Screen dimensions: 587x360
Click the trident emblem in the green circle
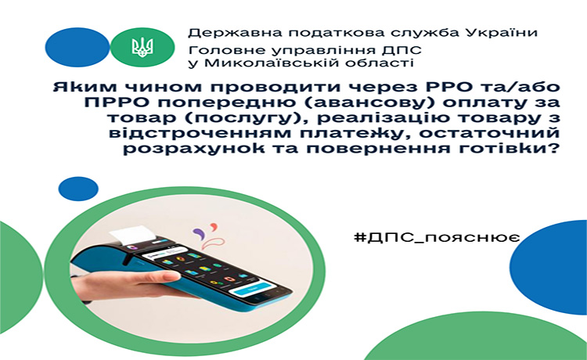click(x=142, y=47)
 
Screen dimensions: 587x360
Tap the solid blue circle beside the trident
click(x=77, y=47)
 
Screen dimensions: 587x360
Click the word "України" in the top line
click(x=502, y=33)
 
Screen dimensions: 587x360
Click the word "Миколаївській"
click(x=272, y=63)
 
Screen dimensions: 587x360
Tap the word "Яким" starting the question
click(x=74, y=87)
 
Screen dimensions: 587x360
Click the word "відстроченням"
click(x=177, y=134)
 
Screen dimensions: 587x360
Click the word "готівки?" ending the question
click(x=517, y=149)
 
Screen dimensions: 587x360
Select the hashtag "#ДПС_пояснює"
click(x=437, y=238)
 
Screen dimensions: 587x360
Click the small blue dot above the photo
click(x=78, y=189)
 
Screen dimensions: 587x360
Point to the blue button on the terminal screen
click(x=250, y=289)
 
